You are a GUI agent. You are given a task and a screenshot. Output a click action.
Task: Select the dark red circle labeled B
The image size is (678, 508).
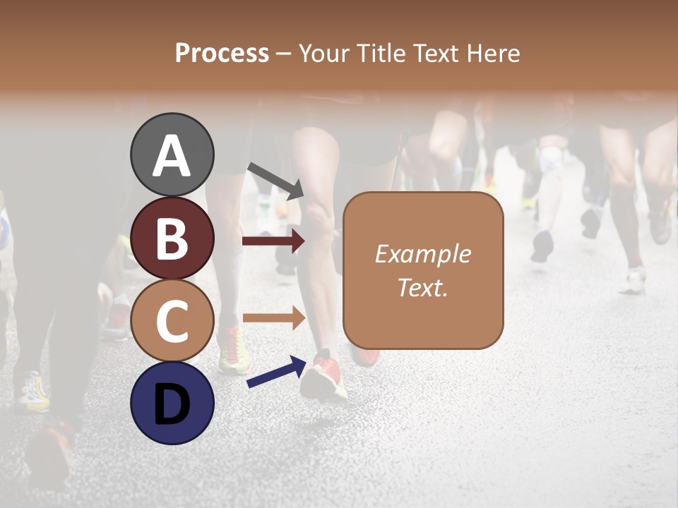(x=172, y=238)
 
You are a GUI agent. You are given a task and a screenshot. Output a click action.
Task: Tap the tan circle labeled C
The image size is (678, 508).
(x=172, y=321)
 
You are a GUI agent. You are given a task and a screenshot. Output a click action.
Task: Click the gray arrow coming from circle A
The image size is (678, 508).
(x=275, y=180)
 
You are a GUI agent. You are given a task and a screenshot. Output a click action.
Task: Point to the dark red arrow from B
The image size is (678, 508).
(x=273, y=241)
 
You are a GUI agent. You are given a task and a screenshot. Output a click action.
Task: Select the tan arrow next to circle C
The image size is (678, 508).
(x=273, y=317)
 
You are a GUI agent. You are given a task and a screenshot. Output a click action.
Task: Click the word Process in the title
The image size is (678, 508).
(x=222, y=54)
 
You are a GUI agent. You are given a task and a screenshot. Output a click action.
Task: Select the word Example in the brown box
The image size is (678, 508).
(x=422, y=254)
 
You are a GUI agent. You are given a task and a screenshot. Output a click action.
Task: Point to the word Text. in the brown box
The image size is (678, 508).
(x=422, y=287)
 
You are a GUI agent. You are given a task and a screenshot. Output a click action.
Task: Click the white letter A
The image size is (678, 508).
(x=172, y=156)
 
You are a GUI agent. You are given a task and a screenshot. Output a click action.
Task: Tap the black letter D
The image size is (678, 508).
(x=172, y=404)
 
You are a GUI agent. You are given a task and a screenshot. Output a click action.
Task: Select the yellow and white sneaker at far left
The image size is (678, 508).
(x=32, y=392)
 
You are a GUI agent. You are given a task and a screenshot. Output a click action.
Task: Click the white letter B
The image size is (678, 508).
(x=172, y=238)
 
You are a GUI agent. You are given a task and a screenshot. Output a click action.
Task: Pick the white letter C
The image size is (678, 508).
(x=172, y=321)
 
